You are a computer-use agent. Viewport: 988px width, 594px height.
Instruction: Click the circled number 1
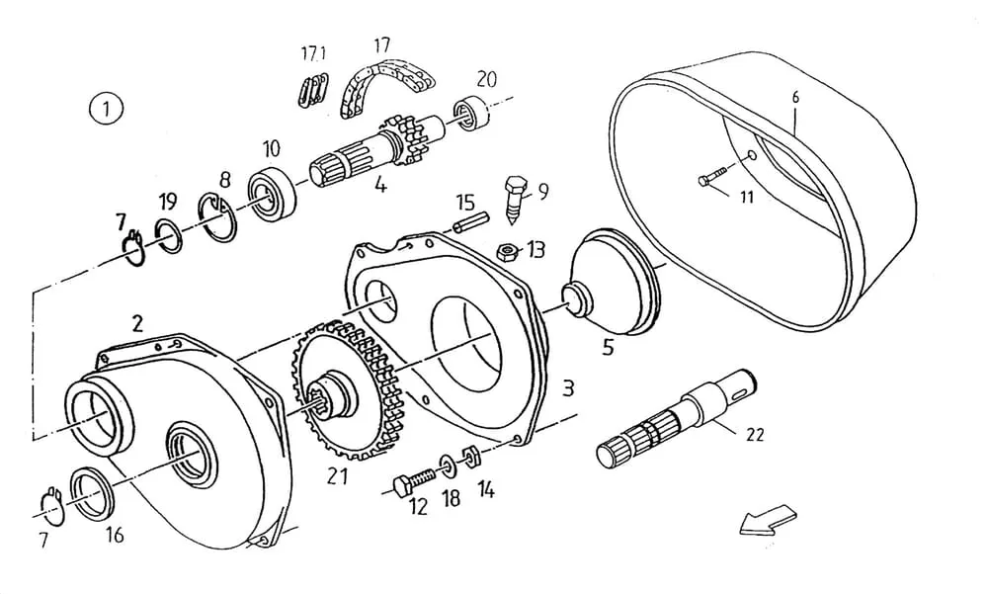106,108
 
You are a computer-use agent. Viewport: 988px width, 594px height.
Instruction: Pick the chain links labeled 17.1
312,88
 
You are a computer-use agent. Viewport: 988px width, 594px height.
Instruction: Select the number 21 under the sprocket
338,475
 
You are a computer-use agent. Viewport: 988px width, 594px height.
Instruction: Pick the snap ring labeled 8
216,218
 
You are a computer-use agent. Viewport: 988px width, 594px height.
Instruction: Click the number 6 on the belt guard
795,97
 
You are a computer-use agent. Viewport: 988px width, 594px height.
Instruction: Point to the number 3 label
567,388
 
